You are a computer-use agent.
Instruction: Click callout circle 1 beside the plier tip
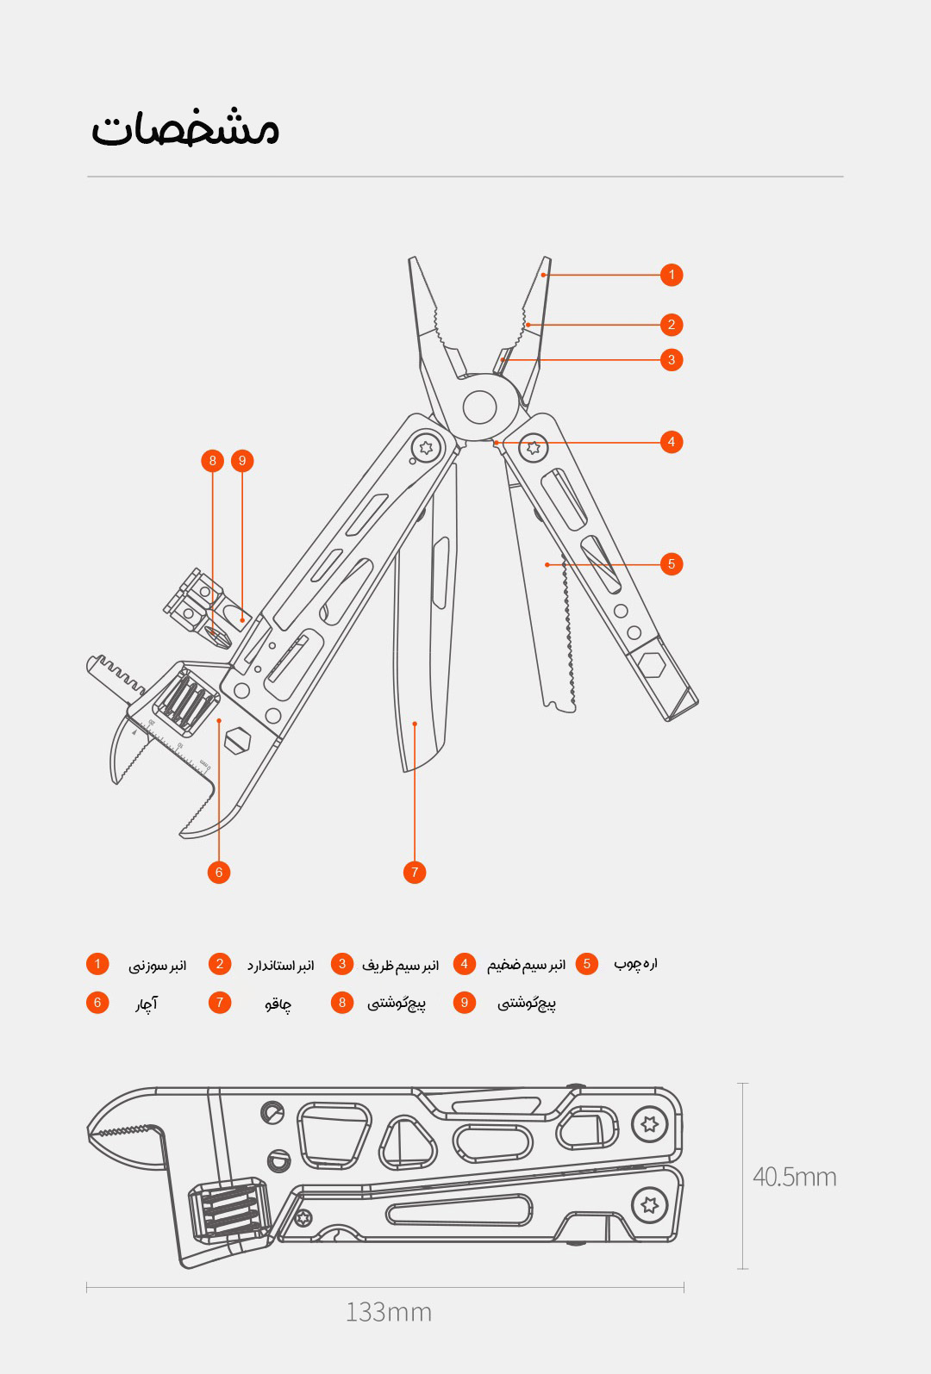(x=672, y=274)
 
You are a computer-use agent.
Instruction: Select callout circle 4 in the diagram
(x=672, y=442)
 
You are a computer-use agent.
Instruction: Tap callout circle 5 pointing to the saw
(x=672, y=563)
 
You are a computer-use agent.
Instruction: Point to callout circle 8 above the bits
(x=212, y=461)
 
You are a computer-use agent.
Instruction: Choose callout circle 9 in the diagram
(x=242, y=461)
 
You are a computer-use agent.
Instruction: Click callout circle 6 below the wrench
(x=219, y=873)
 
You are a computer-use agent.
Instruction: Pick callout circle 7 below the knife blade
(x=415, y=873)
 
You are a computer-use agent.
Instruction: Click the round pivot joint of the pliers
(x=480, y=407)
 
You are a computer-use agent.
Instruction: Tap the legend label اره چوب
(x=636, y=964)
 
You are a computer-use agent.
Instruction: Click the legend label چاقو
(x=278, y=1004)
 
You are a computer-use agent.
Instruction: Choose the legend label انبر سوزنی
(x=158, y=966)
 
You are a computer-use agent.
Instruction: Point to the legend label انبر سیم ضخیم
(x=527, y=965)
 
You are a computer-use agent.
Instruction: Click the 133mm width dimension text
(x=389, y=1312)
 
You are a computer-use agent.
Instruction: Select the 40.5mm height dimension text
(x=795, y=1177)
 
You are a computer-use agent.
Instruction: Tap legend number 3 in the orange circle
(x=342, y=964)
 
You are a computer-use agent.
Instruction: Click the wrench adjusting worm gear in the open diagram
(x=187, y=700)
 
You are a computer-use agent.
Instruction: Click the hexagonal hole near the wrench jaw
(x=238, y=740)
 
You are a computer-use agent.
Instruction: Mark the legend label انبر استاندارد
(x=281, y=966)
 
